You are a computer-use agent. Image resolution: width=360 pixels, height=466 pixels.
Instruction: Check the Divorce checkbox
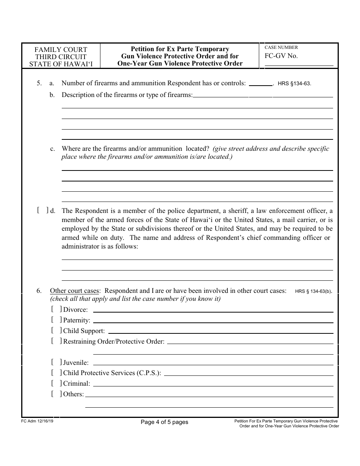(x=56, y=310)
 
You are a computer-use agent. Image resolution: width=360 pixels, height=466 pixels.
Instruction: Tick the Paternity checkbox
(x=56, y=320)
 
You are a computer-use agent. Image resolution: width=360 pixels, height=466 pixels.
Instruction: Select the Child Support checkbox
(x=56, y=331)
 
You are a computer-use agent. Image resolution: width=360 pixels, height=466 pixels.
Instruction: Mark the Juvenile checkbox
(x=56, y=363)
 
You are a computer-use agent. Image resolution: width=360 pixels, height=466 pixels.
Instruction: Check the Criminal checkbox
(x=56, y=383)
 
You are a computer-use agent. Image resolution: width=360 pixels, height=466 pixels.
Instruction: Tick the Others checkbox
(x=56, y=394)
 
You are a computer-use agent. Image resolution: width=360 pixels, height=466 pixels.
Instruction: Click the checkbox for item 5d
(x=43, y=211)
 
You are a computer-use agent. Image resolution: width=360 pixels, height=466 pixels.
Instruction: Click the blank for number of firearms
(x=260, y=83)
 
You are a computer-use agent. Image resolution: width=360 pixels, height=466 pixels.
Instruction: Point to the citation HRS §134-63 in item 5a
(x=294, y=84)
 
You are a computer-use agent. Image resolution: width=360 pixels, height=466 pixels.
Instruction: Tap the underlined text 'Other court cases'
(x=75, y=291)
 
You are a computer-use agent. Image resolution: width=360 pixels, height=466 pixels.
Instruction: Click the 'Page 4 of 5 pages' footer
(x=164, y=422)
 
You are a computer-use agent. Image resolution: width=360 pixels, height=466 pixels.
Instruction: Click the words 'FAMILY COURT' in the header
(x=61, y=50)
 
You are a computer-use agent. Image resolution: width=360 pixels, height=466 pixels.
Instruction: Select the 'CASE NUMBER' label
(x=281, y=48)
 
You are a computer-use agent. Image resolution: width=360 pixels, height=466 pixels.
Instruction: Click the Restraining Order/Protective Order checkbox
(x=56, y=341)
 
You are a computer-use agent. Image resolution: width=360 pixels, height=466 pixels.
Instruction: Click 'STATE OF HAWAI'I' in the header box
(x=61, y=64)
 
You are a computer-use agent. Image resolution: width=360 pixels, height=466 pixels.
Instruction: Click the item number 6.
(x=39, y=291)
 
